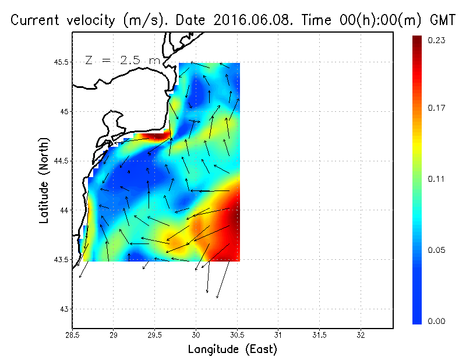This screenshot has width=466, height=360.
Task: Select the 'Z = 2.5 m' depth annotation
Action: [122, 60]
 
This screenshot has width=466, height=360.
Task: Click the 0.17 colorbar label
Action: [437, 108]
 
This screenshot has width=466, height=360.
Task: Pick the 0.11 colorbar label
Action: [437, 179]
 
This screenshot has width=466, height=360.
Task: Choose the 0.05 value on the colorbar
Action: [437, 250]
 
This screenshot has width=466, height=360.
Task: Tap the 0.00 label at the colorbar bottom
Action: [437, 321]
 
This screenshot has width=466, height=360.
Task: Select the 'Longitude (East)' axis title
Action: [232, 350]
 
